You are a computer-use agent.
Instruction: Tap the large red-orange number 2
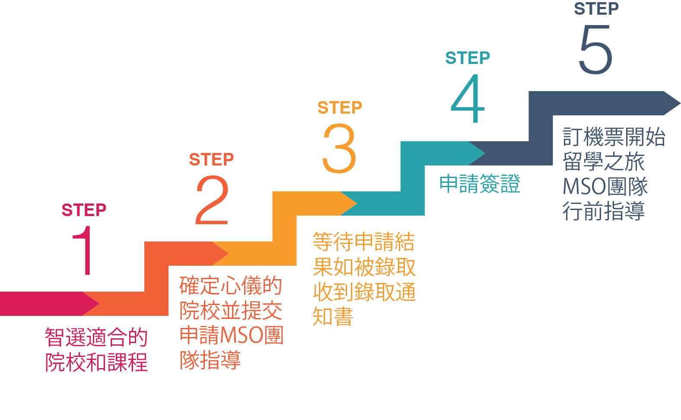(x=212, y=200)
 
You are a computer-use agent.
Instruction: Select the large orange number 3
(x=339, y=149)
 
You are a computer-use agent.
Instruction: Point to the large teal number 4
(x=468, y=99)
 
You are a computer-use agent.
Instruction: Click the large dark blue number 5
(x=595, y=49)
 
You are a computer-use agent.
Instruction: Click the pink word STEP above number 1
(x=84, y=210)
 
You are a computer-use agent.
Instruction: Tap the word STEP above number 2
(x=211, y=159)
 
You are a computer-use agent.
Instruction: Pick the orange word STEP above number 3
(x=340, y=108)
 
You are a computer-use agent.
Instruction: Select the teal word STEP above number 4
(x=468, y=58)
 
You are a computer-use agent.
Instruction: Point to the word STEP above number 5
(x=596, y=9)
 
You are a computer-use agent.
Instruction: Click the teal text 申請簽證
(x=480, y=184)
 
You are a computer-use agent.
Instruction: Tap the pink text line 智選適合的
(x=96, y=337)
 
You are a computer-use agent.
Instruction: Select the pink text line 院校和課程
(x=96, y=362)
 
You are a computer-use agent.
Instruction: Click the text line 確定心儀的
(x=230, y=286)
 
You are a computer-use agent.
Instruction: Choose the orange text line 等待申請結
(x=363, y=242)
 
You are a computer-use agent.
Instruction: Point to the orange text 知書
(x=333, y=317)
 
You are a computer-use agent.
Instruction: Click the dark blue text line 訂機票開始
(x=614, y=137)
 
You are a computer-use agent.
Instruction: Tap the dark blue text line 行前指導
(x=603, y=211)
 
